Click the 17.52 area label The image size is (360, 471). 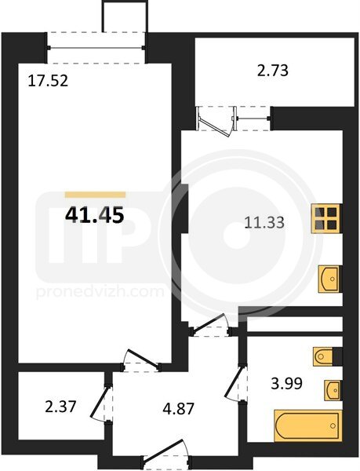click(48, 81)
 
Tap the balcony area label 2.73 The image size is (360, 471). click(273, 71)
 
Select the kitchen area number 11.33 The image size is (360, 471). click(264, 223)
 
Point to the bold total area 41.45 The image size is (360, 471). click(94, 215)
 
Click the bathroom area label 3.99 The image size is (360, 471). click(286, 384)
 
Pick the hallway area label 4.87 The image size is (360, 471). click(179, 409)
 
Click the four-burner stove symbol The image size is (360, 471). click(326, 218)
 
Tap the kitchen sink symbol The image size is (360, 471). click(329, 279)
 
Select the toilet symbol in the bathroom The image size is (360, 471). click(323, 357)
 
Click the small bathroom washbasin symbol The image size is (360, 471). click(333, 390)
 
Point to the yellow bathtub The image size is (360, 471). click(308, 425)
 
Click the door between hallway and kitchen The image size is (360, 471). click(211, 325)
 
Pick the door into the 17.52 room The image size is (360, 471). click(141, 360)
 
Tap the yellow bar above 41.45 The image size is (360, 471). click(95, 195)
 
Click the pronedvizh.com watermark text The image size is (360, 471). click(100, 292)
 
